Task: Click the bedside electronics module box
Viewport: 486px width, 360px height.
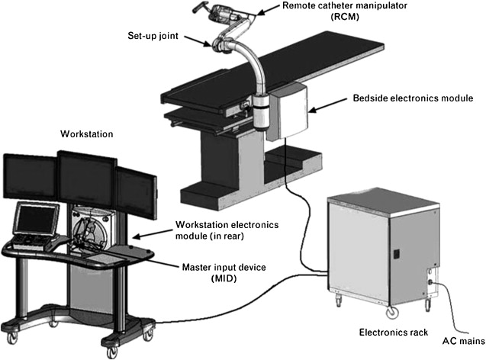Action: [287, 110]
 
